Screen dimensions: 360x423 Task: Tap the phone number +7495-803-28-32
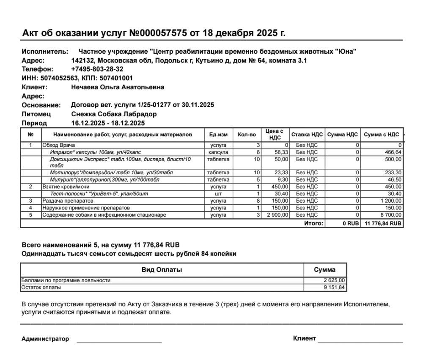click(97, 69)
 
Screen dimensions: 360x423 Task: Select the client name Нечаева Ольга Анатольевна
click(118, 87)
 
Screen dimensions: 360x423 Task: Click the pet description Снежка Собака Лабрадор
click(114, 114)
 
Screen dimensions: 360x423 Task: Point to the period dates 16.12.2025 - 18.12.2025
click(108, 123)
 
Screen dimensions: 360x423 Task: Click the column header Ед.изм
click(218, 135)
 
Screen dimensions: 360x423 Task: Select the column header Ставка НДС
click(307, 135)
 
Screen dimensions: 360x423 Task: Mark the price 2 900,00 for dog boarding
click(277, 215)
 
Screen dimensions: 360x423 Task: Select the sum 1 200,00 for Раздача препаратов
click(391, 201)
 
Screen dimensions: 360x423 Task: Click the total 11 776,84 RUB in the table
click(382, 223)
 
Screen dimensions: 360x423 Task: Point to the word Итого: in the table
click(313, 223)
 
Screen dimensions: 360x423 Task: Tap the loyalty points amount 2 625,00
click(335, 280)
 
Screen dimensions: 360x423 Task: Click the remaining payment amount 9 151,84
click(335, 288)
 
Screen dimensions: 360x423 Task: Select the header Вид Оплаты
click(162, 270)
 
